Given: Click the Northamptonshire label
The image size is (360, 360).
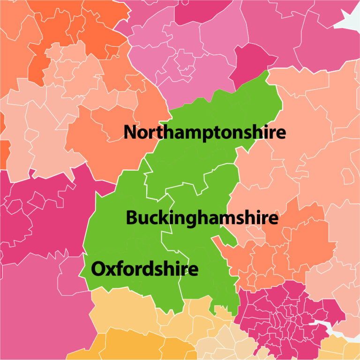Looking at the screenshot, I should coord(204,133).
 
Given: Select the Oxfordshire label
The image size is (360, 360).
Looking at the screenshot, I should coord(144,270).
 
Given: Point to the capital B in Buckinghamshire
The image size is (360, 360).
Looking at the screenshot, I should coord(132,218).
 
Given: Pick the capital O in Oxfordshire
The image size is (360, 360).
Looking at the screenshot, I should coord(98,270).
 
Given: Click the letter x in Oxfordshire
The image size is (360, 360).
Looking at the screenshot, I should coord(110,270).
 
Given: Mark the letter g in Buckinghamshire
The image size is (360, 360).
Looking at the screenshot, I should coord(188,220).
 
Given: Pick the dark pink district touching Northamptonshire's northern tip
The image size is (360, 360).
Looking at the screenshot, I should coord(251,61).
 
